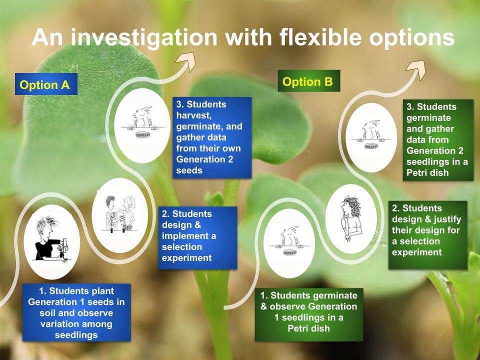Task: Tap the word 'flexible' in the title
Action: [321, 37]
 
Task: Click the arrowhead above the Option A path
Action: [187, 60]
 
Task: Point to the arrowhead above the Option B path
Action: [417, 69]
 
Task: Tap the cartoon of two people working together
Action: [120, 215]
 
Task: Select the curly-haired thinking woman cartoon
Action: [351, 219]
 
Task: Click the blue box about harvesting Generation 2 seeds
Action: [212, 137]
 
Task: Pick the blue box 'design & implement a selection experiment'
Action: [197, 238]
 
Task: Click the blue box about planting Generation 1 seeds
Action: [76, 312]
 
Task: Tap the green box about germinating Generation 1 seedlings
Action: [309, 314]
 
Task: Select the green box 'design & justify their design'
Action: [427, 235]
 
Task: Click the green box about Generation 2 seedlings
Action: [438, 140]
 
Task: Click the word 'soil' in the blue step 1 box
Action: [46, 313]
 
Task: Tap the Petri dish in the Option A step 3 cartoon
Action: [141, 134]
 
